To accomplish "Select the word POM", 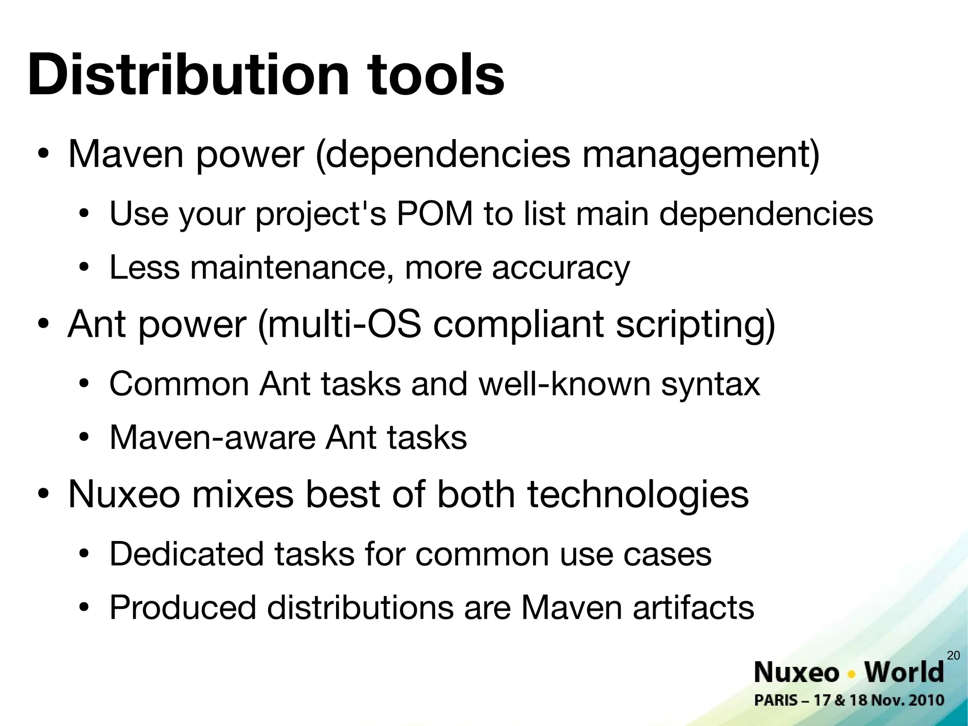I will click(x=434, y=214).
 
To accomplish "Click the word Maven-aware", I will click(x=212, y=437).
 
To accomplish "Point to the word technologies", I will click(x=638, y=495).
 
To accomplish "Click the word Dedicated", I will click(x=186, y=554).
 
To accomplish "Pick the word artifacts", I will click(x=693, y=608).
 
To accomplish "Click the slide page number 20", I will click(x=954, y=656).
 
